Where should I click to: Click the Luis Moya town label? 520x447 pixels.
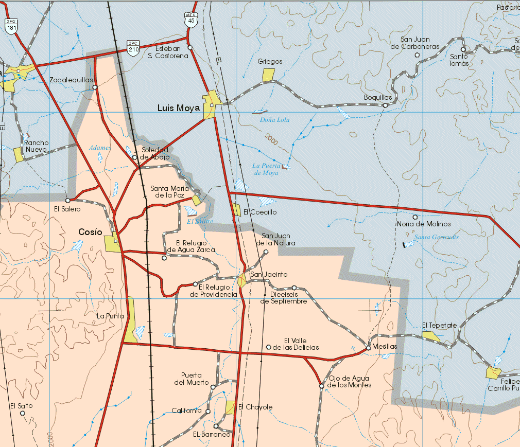(178, 108)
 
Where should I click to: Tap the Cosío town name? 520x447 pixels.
(90, 232)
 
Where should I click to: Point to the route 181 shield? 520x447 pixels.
(11, 25)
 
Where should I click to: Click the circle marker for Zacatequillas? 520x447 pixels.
(95, 87)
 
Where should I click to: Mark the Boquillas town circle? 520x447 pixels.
(385, 105)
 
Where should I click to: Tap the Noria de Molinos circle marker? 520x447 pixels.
(415, 217)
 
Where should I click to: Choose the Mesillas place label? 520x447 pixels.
(385, 347)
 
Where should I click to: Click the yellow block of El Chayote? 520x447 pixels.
(231, 407)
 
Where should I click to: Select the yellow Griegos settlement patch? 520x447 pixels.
(268, 75)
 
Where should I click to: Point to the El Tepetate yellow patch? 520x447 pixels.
(431, 336)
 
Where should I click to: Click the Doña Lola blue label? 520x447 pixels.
(275, 120)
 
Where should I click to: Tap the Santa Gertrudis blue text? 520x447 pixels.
(437, 237)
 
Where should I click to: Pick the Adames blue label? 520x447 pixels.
(100, 148)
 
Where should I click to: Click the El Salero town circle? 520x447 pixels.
(67, 200)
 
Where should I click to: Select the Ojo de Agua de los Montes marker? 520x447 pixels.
(321, 385)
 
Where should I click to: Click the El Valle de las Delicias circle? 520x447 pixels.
(268, 347)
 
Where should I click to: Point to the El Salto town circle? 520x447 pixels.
(22, 413)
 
